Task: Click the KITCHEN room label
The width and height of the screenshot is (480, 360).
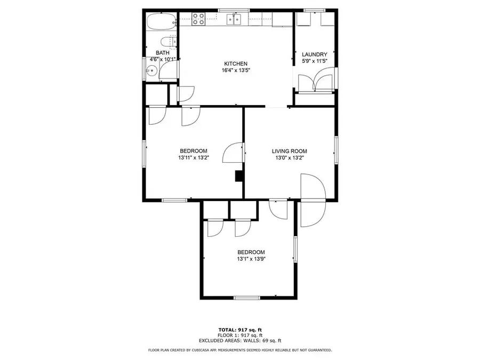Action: pos(235,64)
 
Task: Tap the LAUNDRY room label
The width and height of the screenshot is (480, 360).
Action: pos(314,54)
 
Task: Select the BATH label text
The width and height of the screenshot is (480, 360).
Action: pos(163,53)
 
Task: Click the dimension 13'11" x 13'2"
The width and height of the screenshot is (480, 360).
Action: pos(193,158)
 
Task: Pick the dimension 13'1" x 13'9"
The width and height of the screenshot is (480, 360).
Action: pos(251,259)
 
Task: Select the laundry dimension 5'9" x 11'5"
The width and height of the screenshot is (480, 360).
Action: pos(314,61)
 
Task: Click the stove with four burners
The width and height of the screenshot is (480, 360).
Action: pos(198,20)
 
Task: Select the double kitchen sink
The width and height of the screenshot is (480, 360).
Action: pos(235,20)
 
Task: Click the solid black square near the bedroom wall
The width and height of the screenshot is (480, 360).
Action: pos(239,175)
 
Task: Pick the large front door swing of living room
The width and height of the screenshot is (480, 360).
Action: pos(312,200)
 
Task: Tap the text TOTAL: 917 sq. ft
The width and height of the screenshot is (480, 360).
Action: pos(239,329)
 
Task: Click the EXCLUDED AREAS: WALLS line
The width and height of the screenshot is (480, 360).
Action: pos(239,340)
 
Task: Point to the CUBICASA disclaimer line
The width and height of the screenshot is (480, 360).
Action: pos(239,350)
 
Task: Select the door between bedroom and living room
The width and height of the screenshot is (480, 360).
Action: pos(233,154)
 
